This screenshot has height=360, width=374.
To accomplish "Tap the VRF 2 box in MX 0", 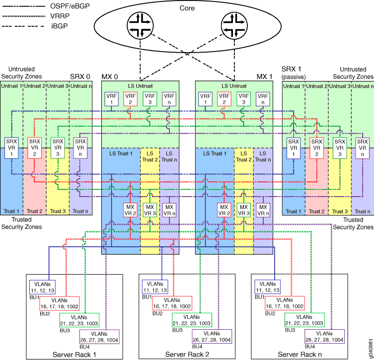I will pyautogui.click(x=130, y=98).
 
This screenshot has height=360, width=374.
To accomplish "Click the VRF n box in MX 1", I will pyautogui.click(x=263, y=98).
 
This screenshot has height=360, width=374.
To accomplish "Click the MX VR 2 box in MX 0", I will pyautogui.click(x=130, y=210).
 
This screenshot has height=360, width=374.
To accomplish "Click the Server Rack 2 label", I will pyautogui.click(x=186, y=354).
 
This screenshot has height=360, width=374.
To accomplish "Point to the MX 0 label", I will pyautogui.click(x=110, y=77).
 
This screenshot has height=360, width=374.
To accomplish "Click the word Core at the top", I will pyautogui.click(x=187, y=8).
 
